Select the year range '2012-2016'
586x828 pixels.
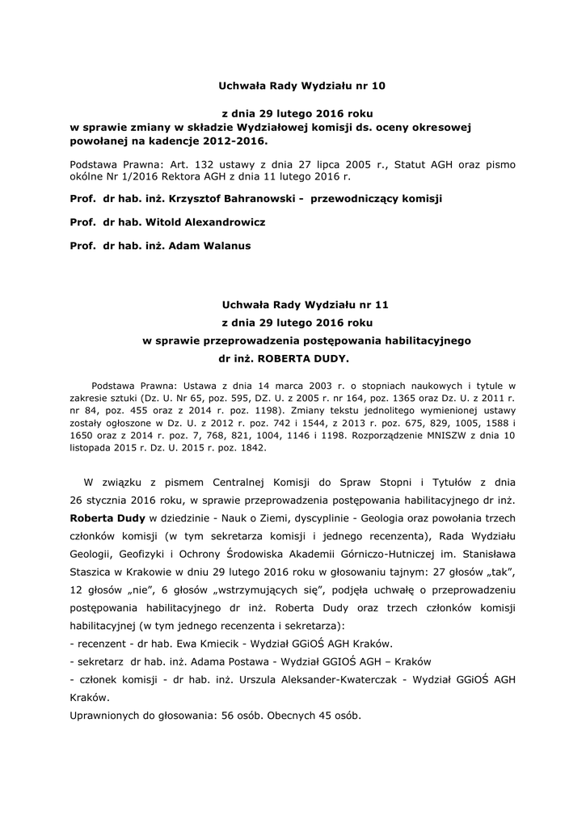pos(240,140)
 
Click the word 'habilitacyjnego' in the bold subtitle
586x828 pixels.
pos(419,340)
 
